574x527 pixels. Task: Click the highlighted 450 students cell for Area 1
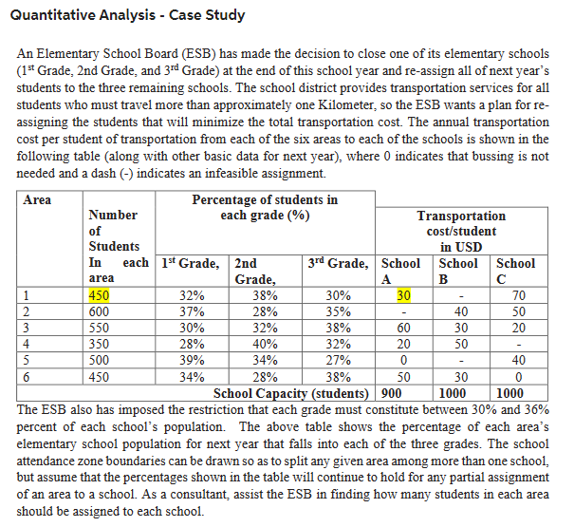click(101, 295)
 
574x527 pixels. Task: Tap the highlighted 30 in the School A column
click(403, 295)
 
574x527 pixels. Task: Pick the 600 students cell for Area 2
click(101, 311)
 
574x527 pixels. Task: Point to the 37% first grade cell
click(193, 311)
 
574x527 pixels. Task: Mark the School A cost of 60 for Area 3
click(403, 328)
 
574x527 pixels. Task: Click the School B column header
click(458, 271)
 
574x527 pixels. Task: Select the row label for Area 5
click(28, 359)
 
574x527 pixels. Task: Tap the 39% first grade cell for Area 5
click(193, 359)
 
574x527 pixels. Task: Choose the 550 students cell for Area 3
click(101, 328)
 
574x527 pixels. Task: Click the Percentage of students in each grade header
click(265, 207)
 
